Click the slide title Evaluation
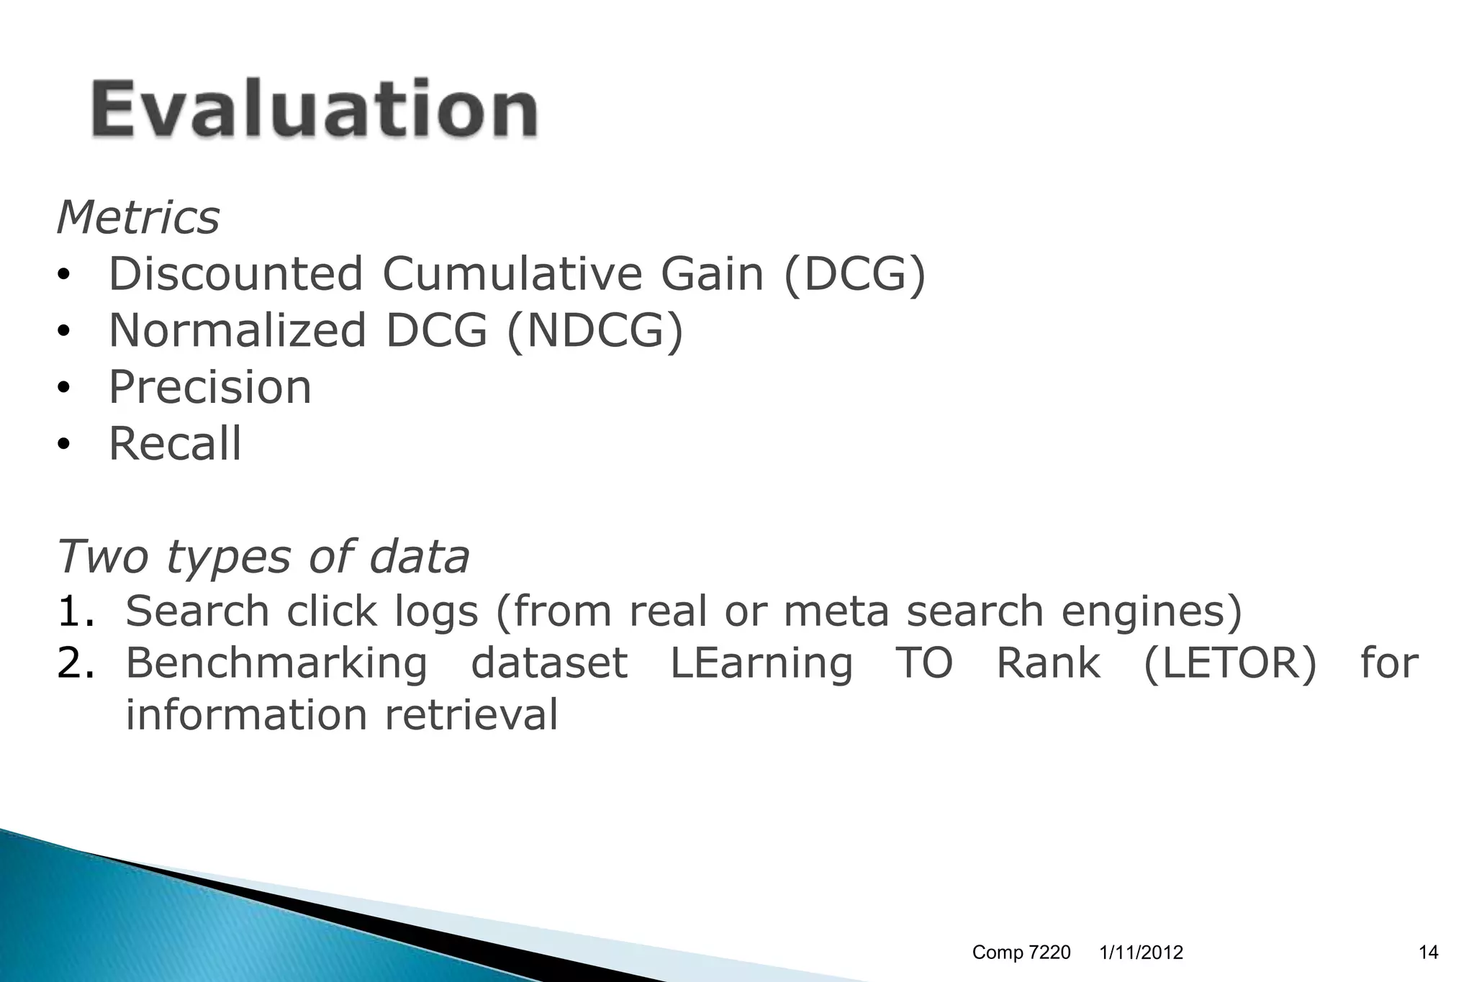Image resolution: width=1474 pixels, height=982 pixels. coord(314,109)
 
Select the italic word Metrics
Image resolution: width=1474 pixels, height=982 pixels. coord(138,217)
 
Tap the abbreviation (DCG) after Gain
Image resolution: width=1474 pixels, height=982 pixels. coord(854,275)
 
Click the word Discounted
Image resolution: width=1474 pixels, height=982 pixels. coord(235,274)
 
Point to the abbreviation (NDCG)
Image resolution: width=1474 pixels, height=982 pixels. coord(594,331)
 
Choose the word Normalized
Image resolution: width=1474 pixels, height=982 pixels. coord(238,331)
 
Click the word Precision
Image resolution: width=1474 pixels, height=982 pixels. coord(210,387)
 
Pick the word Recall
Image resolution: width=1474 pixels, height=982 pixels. coord(175,443)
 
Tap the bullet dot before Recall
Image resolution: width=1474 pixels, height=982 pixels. coord(64,445)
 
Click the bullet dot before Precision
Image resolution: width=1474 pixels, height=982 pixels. coord(64,388)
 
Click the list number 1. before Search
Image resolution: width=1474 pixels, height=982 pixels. coord(76,612)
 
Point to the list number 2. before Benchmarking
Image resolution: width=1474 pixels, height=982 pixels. coord(76,663)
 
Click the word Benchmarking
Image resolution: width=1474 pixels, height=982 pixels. coord(276,663)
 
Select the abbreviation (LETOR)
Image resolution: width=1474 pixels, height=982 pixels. coord(1229,663)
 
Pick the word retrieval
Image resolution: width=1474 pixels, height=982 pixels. coord(471,715)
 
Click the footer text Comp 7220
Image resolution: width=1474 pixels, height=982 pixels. coord(1021,953)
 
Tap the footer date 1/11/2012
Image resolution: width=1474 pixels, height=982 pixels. coord(1141,953)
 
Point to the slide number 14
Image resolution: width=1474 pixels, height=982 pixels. coord(1428,953)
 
